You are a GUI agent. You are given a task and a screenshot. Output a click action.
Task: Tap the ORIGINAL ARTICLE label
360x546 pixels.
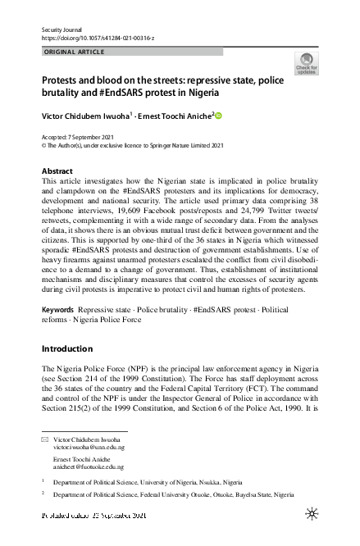pyautogui.click(x=73, y=52)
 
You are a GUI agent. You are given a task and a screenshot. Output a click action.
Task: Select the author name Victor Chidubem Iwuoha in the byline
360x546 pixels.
pyautogui.click(x=88, y=116)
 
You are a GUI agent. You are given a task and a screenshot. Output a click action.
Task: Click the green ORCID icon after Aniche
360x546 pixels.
pyautogui.click(x=219, y=116)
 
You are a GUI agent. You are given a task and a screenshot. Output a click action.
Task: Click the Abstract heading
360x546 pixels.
pyautogui.click(x=57, y=171)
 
